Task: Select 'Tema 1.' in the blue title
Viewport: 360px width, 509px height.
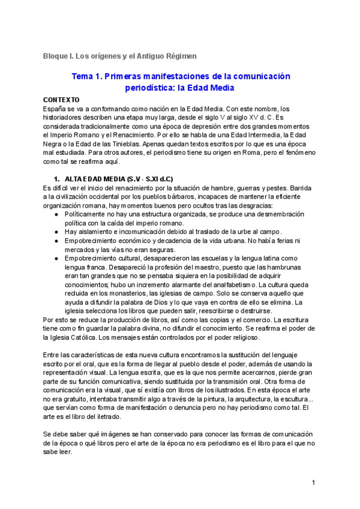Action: point(88,77)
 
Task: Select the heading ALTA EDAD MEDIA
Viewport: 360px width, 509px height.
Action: point(93,179)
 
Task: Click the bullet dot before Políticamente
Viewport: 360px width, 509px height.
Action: point(56,214)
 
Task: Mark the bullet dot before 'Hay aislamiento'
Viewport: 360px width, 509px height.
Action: point(56,232)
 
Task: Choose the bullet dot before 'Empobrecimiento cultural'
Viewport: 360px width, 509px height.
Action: point(56,258)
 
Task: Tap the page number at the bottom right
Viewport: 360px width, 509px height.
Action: point(314,483)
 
